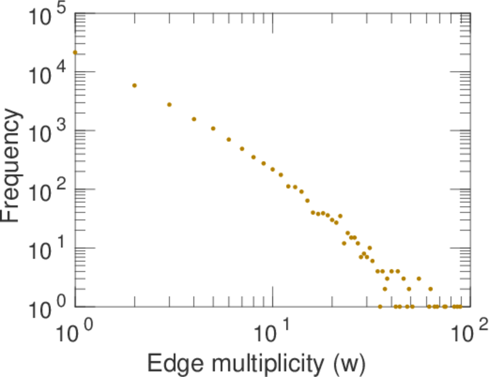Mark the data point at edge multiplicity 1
click(x=75, y=52)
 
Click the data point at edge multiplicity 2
click(x=135, y=85)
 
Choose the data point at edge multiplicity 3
click(x=169, y=104)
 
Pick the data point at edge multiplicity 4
click(x=194, y=119)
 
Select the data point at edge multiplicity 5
click(x=213, y=128)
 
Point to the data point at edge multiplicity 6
click(x=229, y=139)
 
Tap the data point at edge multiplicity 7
click(x=242, y=149)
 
